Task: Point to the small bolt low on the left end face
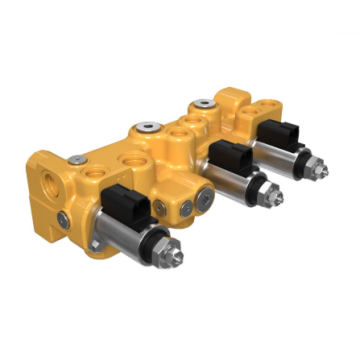click(63, 218)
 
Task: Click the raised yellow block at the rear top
click(232, 98)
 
